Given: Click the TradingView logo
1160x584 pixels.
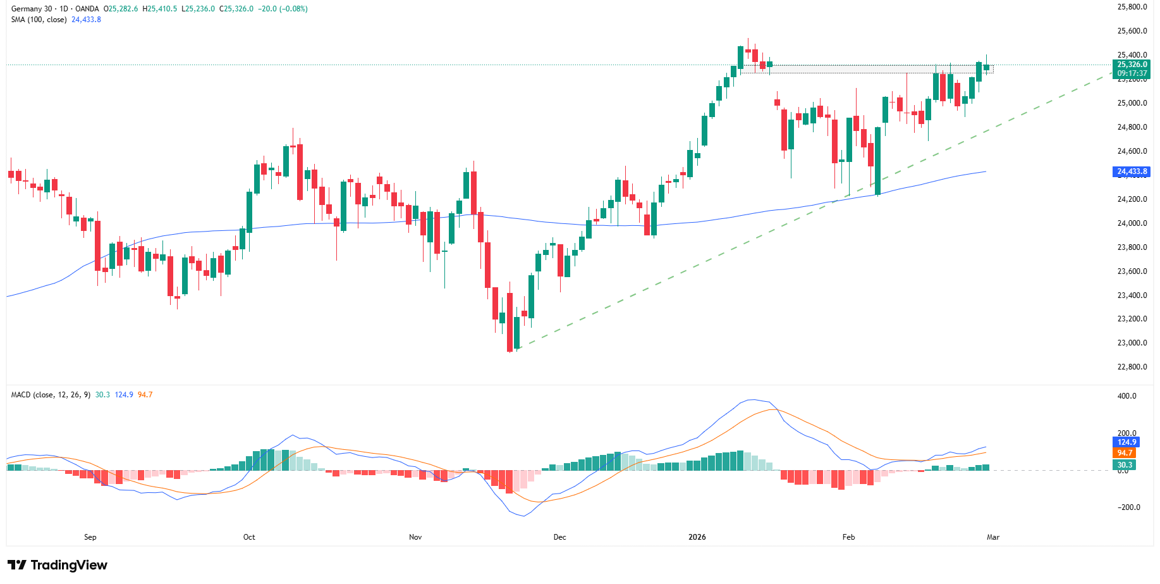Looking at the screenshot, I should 58,565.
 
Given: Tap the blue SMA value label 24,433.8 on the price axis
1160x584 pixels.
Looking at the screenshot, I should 1132,171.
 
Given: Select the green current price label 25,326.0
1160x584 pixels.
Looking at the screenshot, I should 1132,65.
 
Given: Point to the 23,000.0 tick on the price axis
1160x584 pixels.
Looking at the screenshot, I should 1132,343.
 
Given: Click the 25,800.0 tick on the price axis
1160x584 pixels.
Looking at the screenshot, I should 1132,7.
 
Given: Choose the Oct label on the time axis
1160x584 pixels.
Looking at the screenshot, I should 249,537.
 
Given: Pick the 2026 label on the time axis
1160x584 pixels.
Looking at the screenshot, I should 697,537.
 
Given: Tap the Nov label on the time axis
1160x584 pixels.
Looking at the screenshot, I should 415,537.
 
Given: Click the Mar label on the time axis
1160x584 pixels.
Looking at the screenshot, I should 993,537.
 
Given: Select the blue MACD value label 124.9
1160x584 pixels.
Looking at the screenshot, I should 1126,442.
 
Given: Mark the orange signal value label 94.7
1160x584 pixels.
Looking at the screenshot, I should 1125,453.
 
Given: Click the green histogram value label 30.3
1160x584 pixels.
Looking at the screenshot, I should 1125,465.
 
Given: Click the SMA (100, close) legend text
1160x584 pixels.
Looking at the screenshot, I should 39,20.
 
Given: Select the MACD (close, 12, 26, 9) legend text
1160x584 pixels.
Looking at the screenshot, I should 51,395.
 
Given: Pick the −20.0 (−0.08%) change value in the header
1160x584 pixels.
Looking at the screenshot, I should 283,9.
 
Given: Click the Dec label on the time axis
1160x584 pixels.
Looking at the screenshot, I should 559,537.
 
